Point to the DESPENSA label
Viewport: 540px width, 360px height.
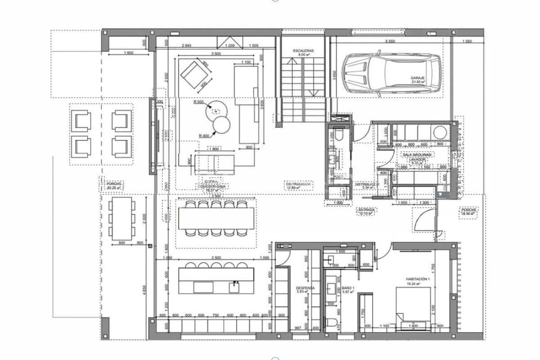click(305, 289)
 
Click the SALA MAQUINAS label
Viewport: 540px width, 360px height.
click(417, 154)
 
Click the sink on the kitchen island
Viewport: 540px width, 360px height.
click(234, 285)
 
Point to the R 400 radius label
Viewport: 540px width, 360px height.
click(205, 135)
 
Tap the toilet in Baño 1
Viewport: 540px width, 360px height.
click(333, 324)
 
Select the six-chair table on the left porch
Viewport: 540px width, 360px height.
click(121, 219)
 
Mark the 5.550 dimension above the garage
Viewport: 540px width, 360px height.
click(390, 41)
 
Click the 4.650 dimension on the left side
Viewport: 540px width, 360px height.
click(144, 288)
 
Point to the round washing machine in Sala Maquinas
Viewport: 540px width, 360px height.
click(440, 132)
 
